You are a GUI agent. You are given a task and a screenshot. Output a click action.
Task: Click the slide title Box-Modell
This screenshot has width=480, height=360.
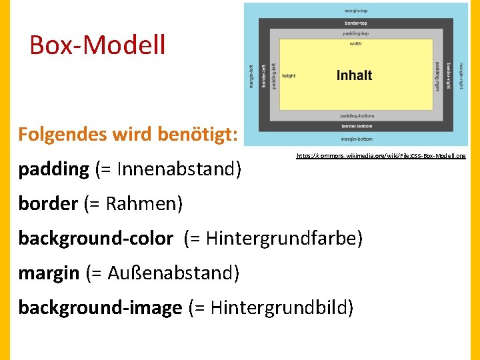click(x=97, y=45)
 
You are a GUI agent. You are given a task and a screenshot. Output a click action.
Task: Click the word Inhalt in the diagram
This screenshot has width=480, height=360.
click(x=354, y=75)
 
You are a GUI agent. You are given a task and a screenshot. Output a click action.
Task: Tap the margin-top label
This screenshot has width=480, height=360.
click(x=357, y=11)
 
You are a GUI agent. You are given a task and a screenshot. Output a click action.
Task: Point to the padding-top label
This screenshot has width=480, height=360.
click(x=357, y=33)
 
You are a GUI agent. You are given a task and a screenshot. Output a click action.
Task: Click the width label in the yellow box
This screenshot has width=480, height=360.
click(x=356, y=45)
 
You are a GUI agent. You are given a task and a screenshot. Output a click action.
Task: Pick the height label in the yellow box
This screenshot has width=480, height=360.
click(x=289, y=76)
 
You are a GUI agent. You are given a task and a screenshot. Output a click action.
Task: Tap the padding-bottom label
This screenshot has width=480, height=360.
click(x=357, y=116)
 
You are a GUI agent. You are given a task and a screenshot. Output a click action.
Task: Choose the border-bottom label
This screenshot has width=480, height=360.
click(x=357, y=126)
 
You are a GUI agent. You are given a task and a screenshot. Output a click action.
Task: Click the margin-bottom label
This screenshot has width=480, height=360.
click(x=357, y=139)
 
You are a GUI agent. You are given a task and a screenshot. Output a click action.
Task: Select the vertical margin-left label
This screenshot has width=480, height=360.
click(x=251, y=75)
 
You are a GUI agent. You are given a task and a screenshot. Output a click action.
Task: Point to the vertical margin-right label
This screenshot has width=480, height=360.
click(x=460, y=75)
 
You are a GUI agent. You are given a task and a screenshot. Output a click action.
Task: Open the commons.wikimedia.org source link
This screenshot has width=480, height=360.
click(x=381, y=155)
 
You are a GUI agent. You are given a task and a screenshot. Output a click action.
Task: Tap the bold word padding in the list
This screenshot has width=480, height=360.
click(x=53, y=169)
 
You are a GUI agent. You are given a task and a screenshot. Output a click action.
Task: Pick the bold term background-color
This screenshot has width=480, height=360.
click(x=95, y=238)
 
